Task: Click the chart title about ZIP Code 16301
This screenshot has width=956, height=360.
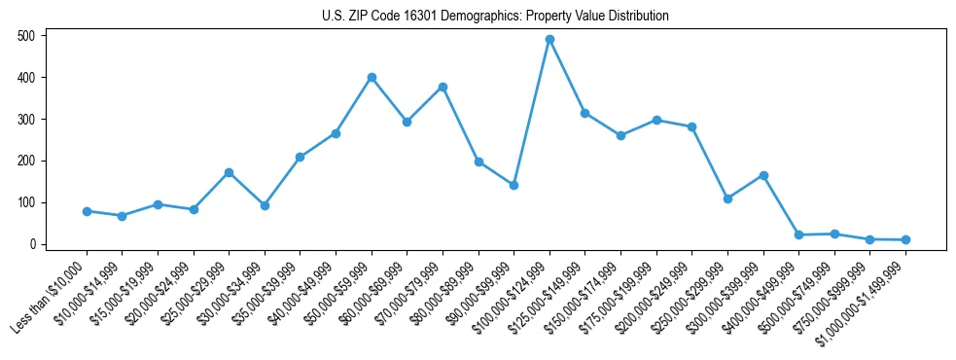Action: click(x=495, y=16)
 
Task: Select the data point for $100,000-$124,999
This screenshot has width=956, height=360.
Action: click(x=549, y=39)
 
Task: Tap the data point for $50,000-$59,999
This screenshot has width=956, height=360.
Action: click(x=372, y=77)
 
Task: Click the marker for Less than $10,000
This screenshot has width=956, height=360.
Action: click(x=87, y=211)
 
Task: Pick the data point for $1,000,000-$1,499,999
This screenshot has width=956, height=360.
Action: click(x=905, y=239)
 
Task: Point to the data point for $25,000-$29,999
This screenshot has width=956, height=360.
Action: click(x=229, y=172)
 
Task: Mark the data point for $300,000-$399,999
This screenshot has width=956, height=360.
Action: click(x=763, y=175)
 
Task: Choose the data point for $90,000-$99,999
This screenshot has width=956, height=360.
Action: click(x=513, y=185)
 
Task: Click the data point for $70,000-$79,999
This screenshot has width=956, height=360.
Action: click(x=443, y=87)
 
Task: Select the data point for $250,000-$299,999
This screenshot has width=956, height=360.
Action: click(x=727, y=198)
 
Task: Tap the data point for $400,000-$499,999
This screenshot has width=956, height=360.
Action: click(x=798, y=234)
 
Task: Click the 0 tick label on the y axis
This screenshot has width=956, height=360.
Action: click(x=32, y=244)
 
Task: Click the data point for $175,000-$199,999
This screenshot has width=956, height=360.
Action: click(x=656, y=120)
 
